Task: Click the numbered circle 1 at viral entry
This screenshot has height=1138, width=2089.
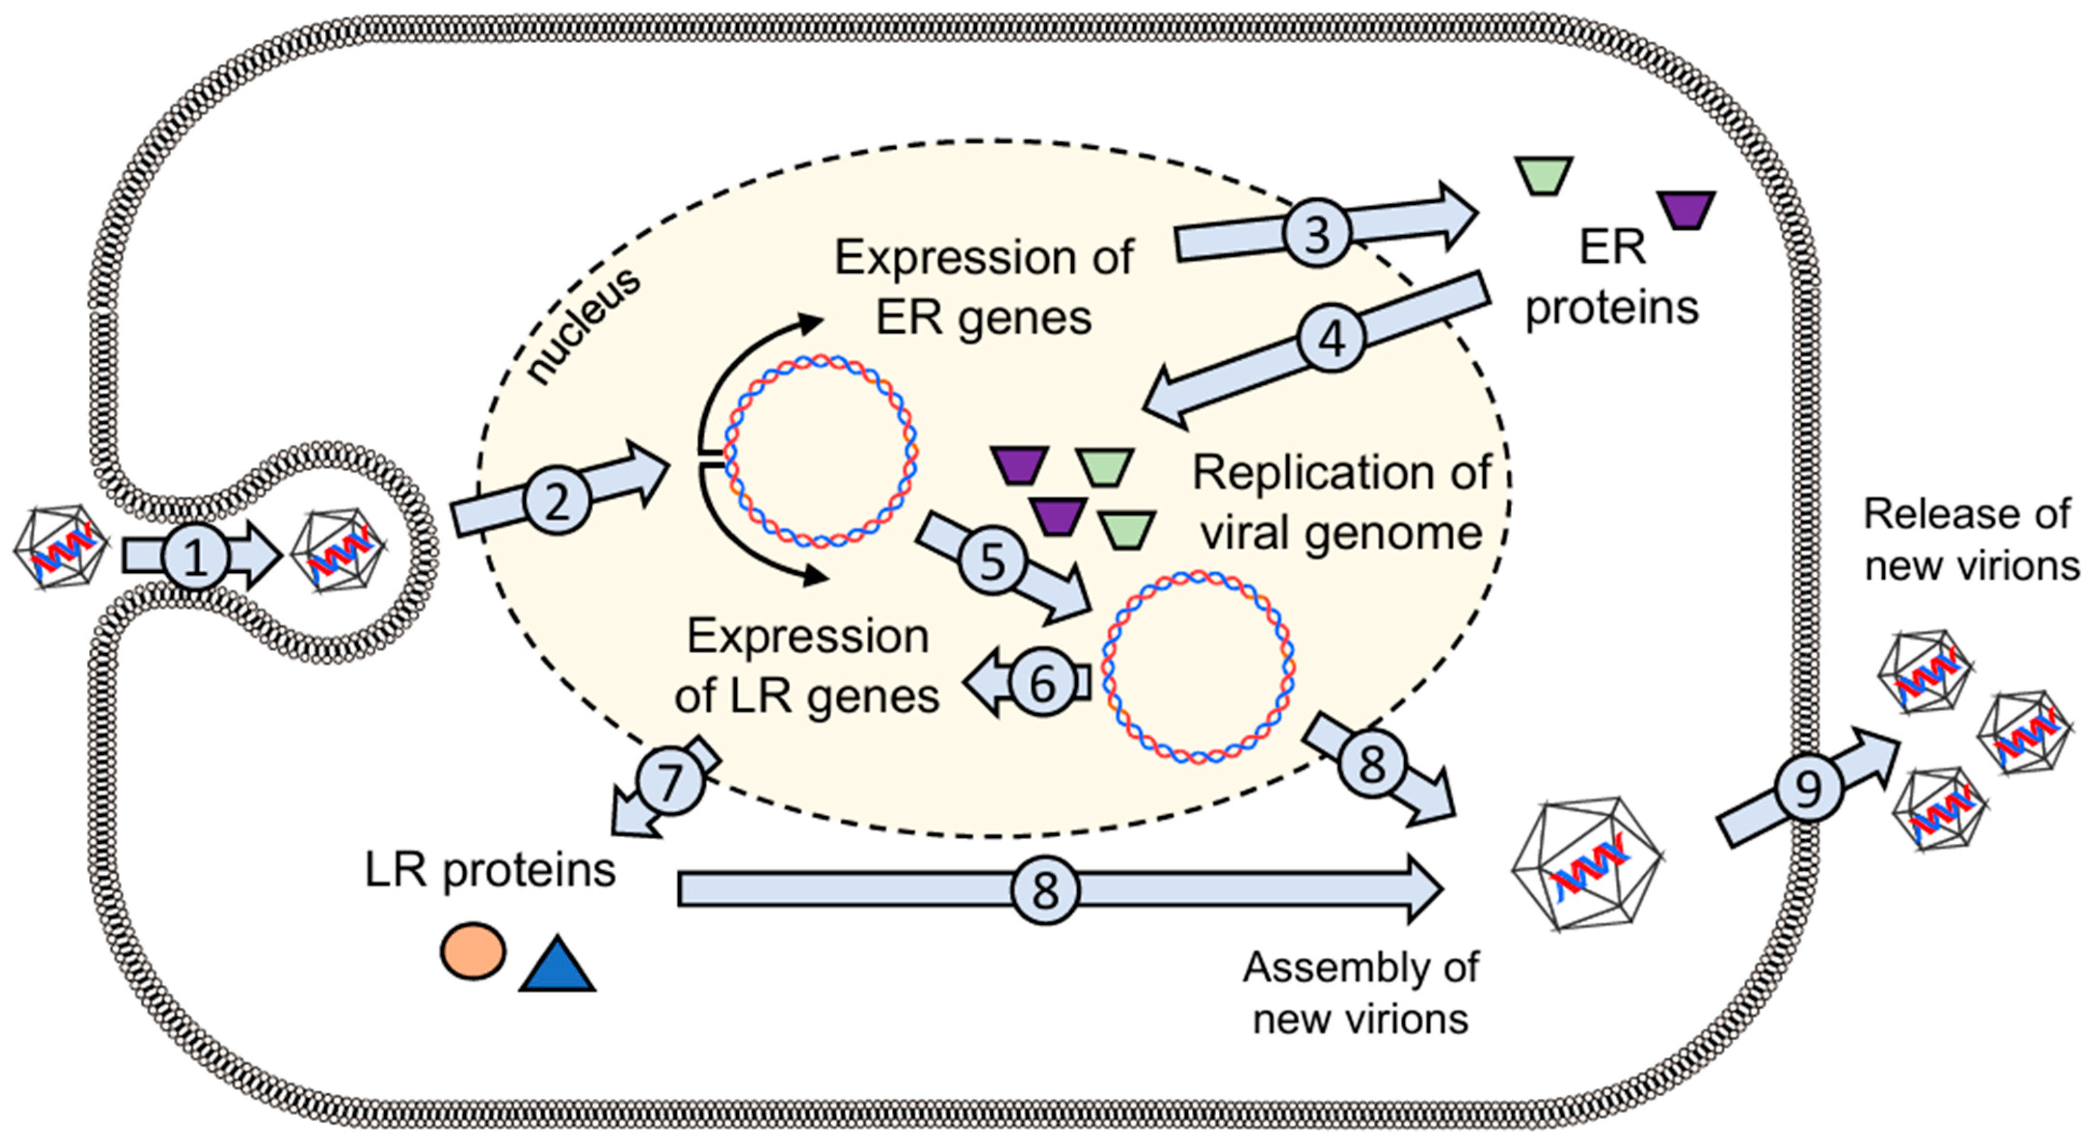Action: (x=195, y=557)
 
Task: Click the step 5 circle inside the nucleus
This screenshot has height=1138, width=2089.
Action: (x=993, y=560)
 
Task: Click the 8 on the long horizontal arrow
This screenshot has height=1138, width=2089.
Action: (x=1045, y=890)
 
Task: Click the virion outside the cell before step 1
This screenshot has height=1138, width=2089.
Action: (x=61, y=547)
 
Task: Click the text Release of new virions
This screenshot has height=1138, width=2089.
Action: (x=1970, y=539)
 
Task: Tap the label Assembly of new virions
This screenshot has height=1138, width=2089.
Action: (x=1361, y=993)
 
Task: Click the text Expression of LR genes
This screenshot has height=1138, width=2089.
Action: (x=807, y=666)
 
